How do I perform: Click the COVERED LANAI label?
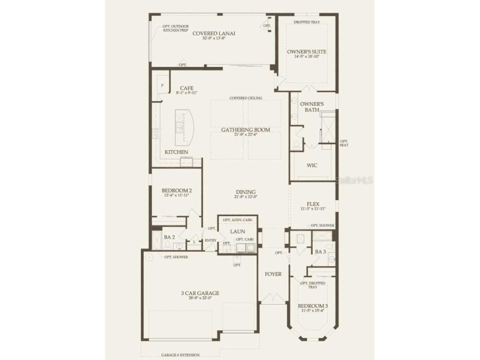pos(214,34)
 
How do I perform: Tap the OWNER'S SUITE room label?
pos(307,52)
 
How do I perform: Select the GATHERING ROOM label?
pos(246,130)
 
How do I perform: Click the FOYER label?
pos(273,274)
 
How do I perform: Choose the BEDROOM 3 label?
pos(313,306)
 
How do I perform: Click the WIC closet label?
pos(312,165)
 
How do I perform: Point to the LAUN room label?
pos(237,231)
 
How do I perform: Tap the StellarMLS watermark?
pos(354,180)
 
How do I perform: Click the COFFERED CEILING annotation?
pos(246,98)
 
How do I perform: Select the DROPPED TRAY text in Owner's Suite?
pos(307,21)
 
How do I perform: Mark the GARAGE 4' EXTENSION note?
pos(180,355)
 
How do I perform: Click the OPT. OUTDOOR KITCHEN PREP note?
pos(175,29)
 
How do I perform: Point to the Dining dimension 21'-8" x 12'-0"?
pos(246,196)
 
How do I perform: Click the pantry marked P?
pos(162,85)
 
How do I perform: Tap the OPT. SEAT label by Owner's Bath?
pos(344,143)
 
